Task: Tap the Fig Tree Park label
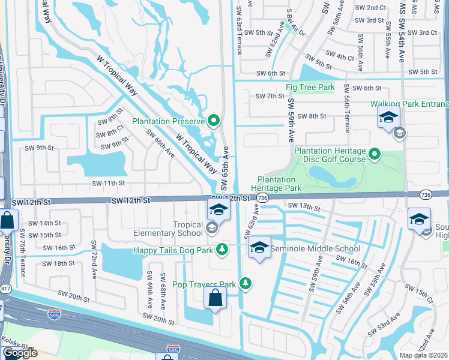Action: click(310, 88)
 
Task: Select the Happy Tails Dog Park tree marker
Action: click(222, 248)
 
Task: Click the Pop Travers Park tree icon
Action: click(245, 283)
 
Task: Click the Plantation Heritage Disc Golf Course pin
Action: click(375, 155)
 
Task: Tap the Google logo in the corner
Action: click(19, 353)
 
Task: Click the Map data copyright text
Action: click(424, 355)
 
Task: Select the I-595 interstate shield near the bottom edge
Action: click(172, 349)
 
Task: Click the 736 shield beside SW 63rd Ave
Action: click(262, 198)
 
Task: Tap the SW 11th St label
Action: click(108, 183)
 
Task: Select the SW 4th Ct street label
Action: click(342, 58)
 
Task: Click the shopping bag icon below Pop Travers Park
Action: click(215, 298)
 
